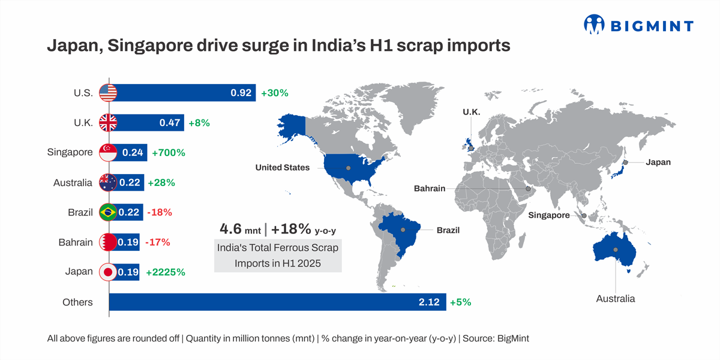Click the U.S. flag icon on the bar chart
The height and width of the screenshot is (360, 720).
pos(108,92)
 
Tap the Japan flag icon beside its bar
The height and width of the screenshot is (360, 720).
pos(108,272)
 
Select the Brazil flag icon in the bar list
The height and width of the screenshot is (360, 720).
pos(108,212)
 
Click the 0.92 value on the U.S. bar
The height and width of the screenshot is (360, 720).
pos(241,93)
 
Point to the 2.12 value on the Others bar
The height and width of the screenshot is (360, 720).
pos(430,302)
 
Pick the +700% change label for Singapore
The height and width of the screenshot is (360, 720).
pos(169,153)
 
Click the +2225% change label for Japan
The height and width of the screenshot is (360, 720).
pos(165,272)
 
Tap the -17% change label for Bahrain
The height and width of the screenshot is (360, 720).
pos(158,242)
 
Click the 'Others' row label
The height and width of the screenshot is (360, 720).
pos(77,302)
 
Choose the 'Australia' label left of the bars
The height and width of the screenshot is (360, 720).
pos(73,182)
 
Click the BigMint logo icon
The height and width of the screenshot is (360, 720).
pos(595,25)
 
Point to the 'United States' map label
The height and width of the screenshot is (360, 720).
pos(283,167)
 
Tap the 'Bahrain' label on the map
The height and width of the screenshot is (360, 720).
pos(430,188)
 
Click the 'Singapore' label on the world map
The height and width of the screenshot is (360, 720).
pos(549,215)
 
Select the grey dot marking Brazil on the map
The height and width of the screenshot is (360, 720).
pos(403,229)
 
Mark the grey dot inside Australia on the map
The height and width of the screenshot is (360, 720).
pos(615,250)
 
